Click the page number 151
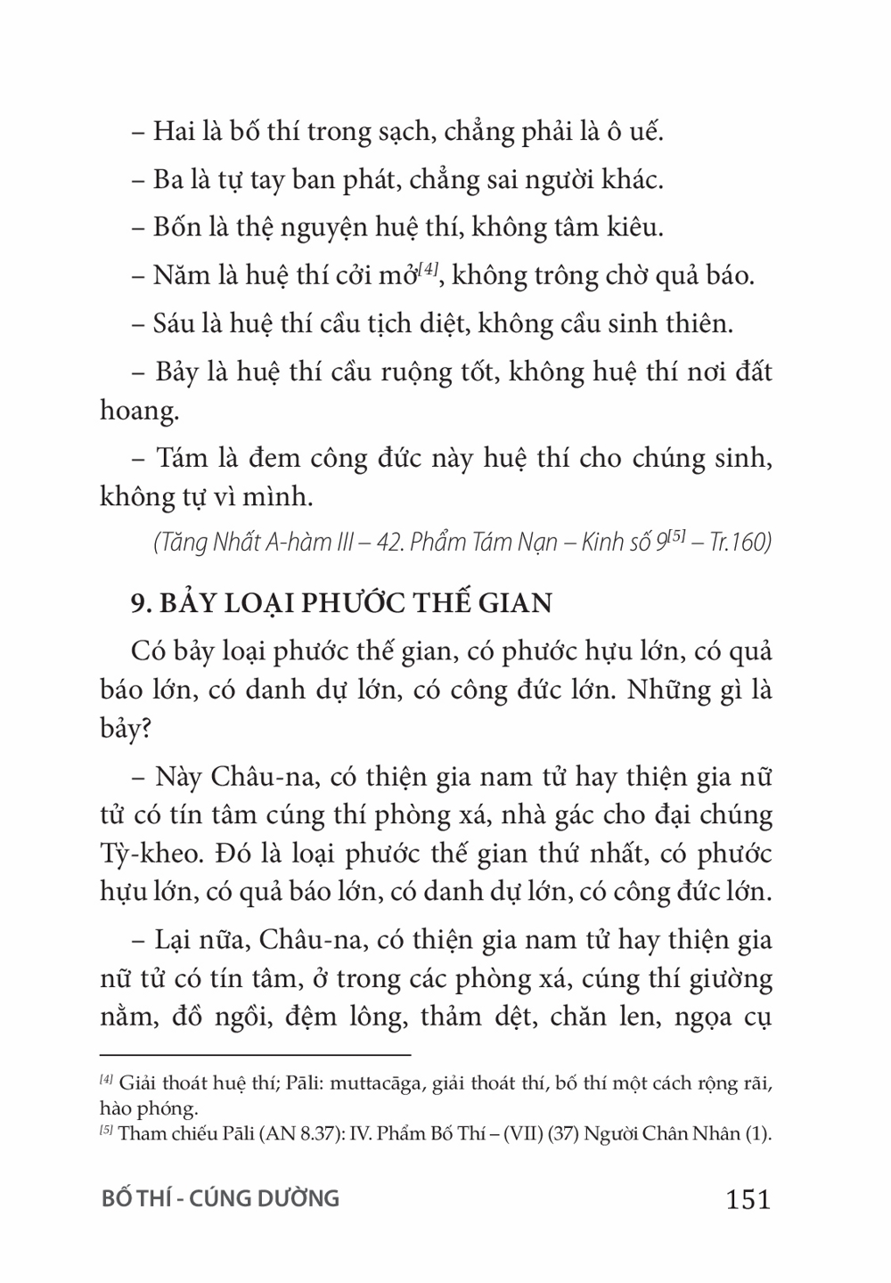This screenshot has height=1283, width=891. [748, 1199]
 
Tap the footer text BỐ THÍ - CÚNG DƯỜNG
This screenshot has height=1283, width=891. [220, 1198]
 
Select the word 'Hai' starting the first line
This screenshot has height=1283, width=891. [174, 132]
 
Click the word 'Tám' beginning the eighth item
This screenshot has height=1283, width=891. [182, 458]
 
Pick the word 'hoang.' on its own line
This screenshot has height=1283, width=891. [135, 411]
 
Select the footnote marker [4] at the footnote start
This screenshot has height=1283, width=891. [106, 1081]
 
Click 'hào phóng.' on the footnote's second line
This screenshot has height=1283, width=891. [148, 1108]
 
